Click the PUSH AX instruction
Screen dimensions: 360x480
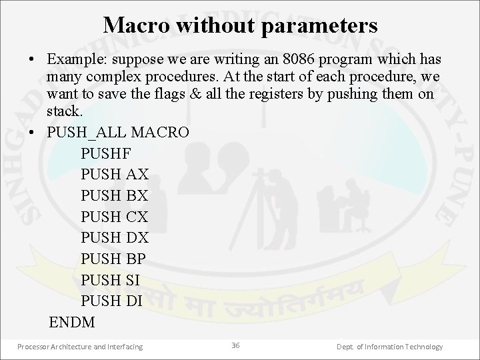pos(114,175)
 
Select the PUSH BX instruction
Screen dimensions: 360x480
pos(114,196)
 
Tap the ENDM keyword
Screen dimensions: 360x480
pos(72,323)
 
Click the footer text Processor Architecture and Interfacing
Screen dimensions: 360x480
pos(80,347)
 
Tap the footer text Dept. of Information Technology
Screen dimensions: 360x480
pos(390,347)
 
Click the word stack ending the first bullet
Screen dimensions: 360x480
pos(63,111)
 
